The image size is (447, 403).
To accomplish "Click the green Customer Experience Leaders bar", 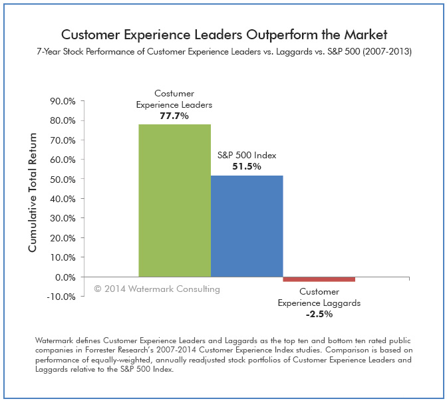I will pyautogui.click(x=174, y=200).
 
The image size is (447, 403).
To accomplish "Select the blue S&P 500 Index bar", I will pyautogui.click(x=247, y=226).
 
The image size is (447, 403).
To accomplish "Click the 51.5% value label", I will pyautogui.click(x=246, y=166).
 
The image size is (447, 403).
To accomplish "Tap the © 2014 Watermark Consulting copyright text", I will pyautogui.click(x=156, y=289).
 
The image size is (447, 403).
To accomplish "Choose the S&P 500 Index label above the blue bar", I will pyautogui.click(x=246, y=155).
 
